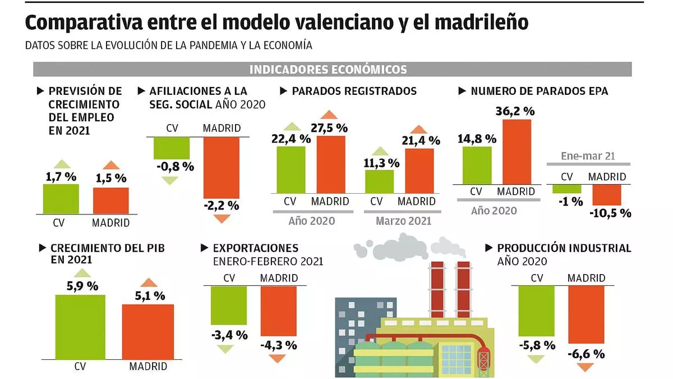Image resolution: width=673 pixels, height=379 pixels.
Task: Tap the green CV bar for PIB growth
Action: (x=80, y=326)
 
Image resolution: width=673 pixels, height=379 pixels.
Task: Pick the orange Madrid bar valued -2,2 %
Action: (x=222, y=168)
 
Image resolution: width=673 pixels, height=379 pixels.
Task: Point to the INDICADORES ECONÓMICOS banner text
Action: (x=328, y=70)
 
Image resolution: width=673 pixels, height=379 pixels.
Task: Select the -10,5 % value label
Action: (x=610, y=213)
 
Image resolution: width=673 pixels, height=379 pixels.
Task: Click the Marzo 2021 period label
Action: (x=403, y=221)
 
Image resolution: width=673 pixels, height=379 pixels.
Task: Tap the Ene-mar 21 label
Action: (x=588, y=156)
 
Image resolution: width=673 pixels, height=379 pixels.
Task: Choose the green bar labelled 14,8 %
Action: (x=477, y=165)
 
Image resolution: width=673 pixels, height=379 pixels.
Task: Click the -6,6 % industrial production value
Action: (x=586, y=354)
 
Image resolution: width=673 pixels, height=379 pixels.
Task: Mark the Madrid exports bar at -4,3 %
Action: (x=279, y=312)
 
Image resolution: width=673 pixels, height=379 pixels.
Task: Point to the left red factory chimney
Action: (x=436, y=292)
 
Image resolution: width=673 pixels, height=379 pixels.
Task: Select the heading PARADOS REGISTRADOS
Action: (x=354, y=91)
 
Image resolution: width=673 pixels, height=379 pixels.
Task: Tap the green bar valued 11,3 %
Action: (x=379, y=181)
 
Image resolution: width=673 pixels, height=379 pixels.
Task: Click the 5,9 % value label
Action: (x=82, y=286)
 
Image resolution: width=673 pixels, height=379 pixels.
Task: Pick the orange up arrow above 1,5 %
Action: (x=111, y=165)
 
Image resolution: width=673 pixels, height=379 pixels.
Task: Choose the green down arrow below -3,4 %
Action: (x=225, y=349)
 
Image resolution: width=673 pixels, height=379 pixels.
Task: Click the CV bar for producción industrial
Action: (x=536, y=312)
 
